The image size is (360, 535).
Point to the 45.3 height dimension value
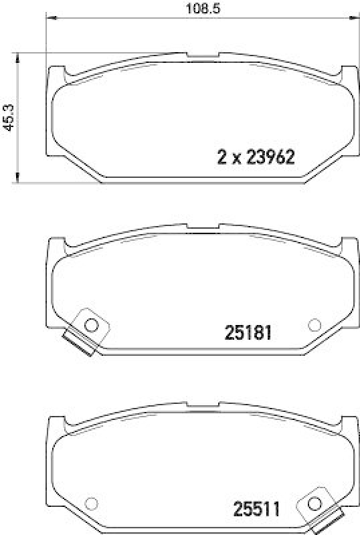point(9,116)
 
